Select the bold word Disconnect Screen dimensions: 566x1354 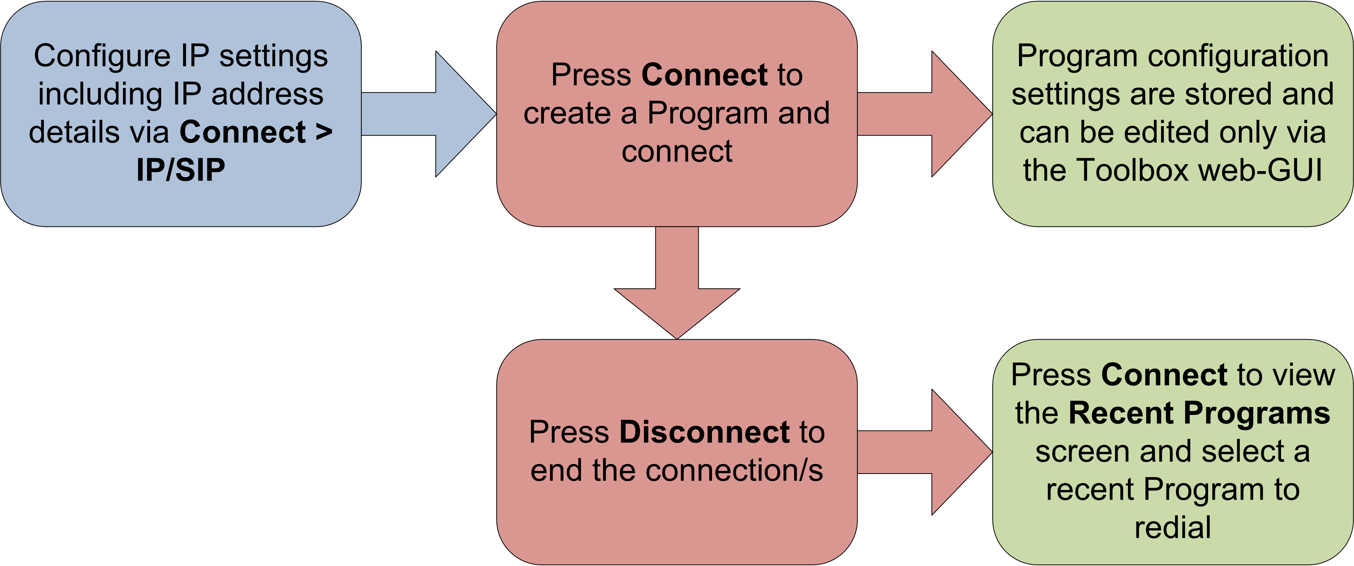click(x=704, y=432)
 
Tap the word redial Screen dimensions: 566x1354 click(x=1173, y=528)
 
